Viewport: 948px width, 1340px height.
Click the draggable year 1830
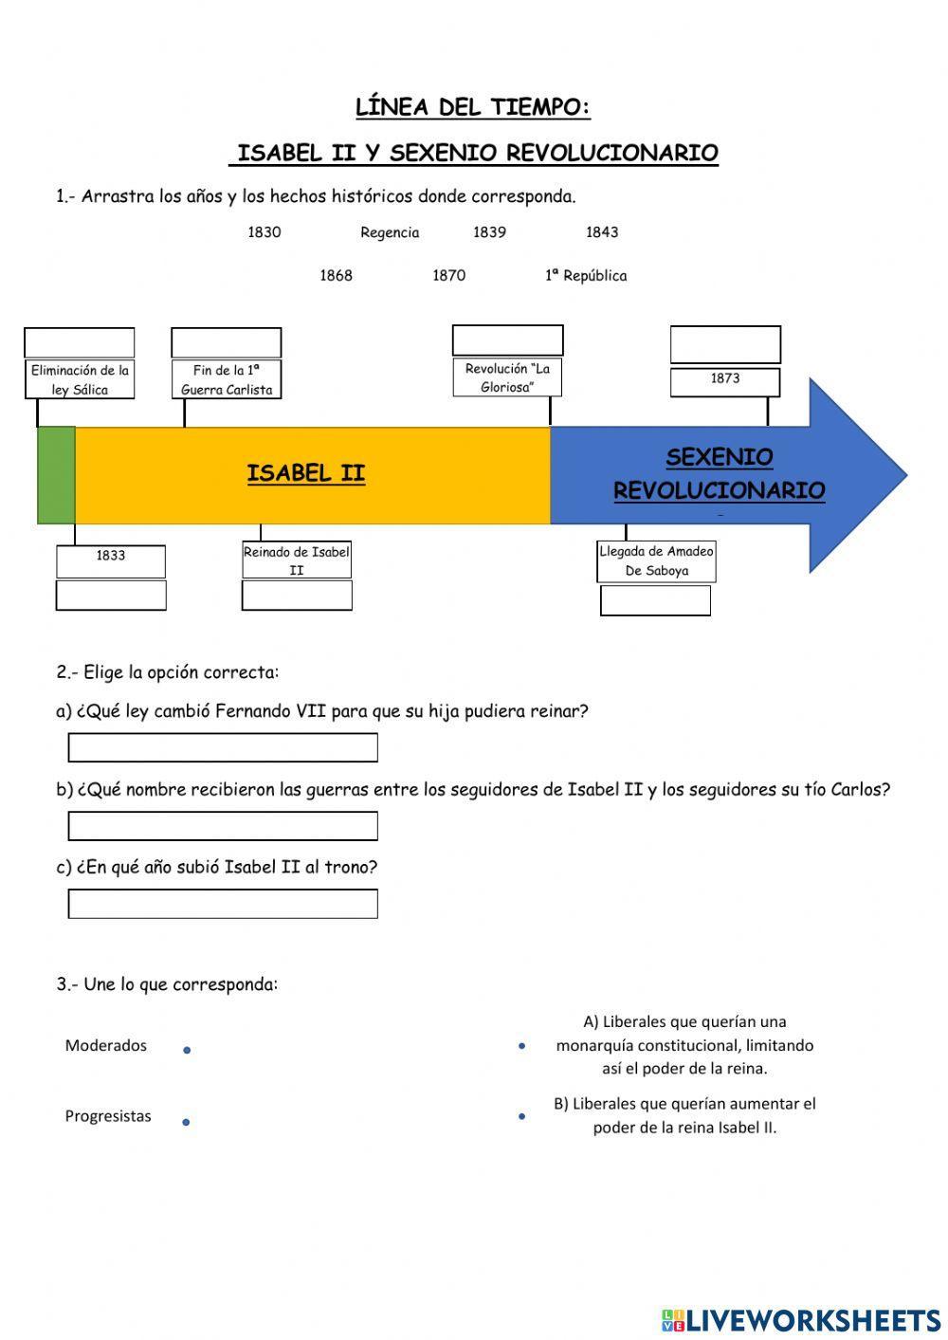click(264, 232)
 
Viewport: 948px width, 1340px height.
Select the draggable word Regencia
click(390, 232)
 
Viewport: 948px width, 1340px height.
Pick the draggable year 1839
click(489, 232)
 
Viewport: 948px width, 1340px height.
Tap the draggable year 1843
click(602, 232)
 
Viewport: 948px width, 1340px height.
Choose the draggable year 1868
click(336, 276)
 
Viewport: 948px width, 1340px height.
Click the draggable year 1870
click(448, 276)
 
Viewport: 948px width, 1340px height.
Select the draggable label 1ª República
click(586, 276)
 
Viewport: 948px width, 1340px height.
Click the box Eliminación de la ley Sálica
click(80, 379)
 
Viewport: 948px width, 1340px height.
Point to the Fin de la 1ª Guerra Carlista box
click(227, 379)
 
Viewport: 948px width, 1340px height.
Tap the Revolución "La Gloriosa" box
click(507, 377)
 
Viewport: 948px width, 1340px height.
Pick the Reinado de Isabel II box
click(297, 560)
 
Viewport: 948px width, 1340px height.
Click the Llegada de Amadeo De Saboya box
click(656, 561)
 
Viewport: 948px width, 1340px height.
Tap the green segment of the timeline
click(56, 475)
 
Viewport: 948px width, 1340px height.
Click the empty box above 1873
click(725, 344)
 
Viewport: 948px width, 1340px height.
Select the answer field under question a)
click(223, 747)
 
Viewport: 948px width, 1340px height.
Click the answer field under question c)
click(223, 904)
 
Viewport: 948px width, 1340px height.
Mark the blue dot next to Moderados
click(187, 1050)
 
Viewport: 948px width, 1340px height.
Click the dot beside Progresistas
click(186, 1122)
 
